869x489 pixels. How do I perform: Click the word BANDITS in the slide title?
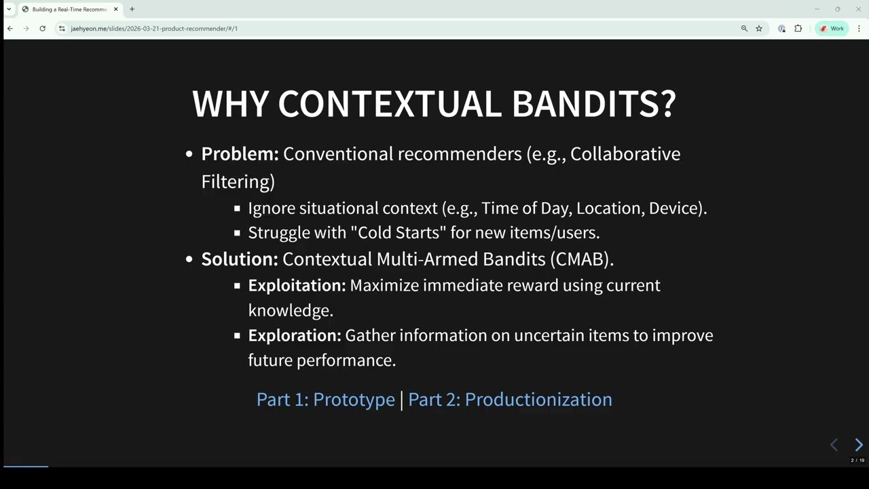[x=593, y=104]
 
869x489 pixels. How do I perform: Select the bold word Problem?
[x=240, y=154]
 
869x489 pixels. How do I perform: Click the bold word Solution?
[x=239, y=259]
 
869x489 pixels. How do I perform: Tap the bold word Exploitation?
[x=297, y=285]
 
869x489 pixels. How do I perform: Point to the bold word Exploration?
[x=294, y=336]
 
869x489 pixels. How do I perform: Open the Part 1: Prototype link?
[x=325, y=399]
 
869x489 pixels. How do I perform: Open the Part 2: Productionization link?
[x=510, y=399]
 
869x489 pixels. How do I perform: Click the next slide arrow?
[x=858, y=445]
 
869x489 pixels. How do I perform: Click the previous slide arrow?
[x=834, y=445]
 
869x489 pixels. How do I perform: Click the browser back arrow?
[x=10, y=29]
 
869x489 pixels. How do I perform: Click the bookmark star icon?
[x=759, y=29]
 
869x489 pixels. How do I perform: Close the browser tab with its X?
[x=115, y=10]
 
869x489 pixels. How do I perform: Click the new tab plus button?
[x=132, y=10]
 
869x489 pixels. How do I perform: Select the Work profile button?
[x=832, y=29]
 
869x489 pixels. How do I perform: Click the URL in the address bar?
[x=154, y=29]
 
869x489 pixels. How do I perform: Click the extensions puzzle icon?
[x=798, y=29]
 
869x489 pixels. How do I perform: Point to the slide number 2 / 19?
[x=857, y=460]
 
